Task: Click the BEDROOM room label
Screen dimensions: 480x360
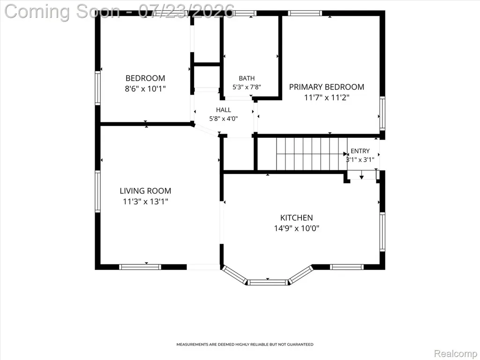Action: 145,78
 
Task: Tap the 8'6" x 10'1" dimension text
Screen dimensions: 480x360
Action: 145,89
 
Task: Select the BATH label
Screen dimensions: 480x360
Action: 247,78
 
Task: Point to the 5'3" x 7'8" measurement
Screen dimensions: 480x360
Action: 247,87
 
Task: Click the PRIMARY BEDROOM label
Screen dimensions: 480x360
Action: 327,87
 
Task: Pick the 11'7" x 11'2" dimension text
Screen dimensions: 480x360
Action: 327,97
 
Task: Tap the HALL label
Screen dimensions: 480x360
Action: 224,110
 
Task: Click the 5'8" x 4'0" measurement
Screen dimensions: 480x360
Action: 224,119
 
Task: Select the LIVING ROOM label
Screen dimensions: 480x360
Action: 145,191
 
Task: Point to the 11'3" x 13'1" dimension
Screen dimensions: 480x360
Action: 145,202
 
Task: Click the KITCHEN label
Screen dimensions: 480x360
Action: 297,218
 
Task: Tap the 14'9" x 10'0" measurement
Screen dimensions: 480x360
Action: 297,228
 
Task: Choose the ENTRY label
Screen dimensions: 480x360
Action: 360,151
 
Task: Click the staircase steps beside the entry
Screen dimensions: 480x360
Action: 312,154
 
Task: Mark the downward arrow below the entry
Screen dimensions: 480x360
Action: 361,175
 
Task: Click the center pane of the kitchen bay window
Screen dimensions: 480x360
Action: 268,282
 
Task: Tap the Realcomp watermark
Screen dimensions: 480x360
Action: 456,353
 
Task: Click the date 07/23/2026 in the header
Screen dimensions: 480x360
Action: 186,11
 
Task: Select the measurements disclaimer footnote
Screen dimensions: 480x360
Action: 245,345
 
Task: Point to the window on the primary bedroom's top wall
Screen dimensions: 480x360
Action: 305,13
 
